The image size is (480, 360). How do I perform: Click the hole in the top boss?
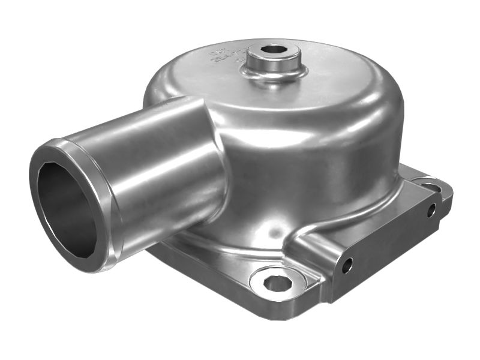pyautogui.click(x=274, y=49)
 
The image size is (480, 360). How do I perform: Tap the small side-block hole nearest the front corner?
pyautogui.click(x=346, y=265)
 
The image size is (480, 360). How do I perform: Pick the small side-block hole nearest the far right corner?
pyautogui.click(x=431, y=210)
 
